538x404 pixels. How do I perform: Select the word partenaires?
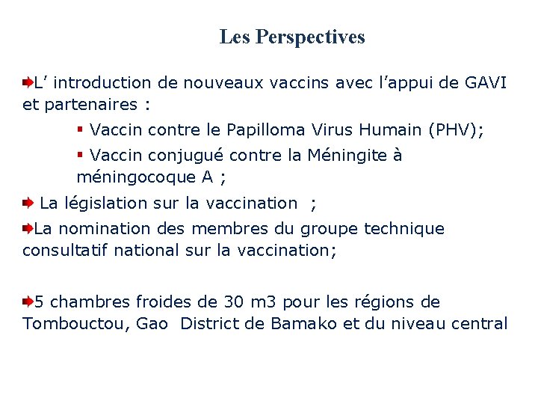(x=81, y=104)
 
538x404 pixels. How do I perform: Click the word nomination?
(x=108, y=229)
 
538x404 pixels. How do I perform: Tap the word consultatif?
(x=65, y=250)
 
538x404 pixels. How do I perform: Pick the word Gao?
(x=152, y=324)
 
